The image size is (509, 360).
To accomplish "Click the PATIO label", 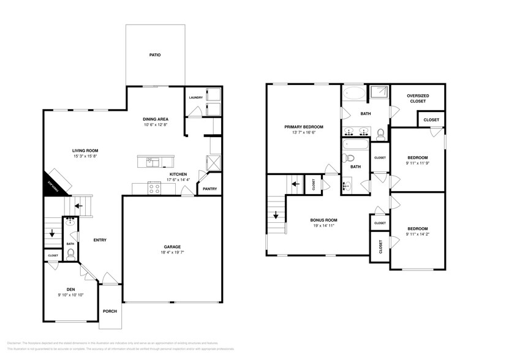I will click(155, 55).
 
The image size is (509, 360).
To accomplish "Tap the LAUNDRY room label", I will click(196, 98).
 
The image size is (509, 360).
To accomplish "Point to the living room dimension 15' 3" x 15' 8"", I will click(86, 156).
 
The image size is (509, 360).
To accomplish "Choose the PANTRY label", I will click(209, 189).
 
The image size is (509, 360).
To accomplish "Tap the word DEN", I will click(70, 289).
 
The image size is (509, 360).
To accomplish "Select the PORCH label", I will click(110, 311).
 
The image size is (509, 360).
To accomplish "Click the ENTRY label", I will click(100, 240).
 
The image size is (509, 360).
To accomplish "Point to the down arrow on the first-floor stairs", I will click(52, 233).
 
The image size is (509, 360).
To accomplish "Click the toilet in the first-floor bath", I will click(70, 252).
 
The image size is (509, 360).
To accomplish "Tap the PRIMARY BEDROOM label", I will click(304, 127).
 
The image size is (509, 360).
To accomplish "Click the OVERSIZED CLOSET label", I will click(418, 98).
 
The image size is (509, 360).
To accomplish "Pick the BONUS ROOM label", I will click(325, 219).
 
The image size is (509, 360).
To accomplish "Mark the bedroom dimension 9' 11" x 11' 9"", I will click(417, 163).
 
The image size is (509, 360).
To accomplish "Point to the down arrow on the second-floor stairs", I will click(276, 215).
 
